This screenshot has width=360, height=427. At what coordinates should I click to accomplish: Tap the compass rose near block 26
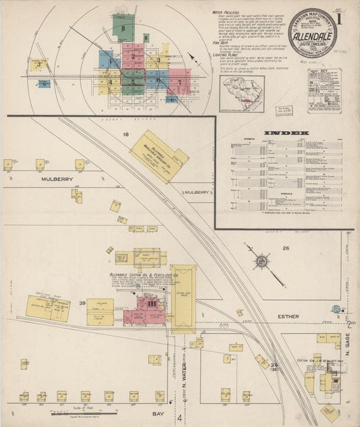pos(261,261)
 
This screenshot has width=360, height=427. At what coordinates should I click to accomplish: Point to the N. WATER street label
pos(184,379)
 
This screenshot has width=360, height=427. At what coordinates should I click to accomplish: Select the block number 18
pos(125,135)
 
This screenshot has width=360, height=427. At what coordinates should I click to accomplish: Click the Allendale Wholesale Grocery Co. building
pos(159,156)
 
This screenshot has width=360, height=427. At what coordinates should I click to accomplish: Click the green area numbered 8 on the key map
pos(124,26)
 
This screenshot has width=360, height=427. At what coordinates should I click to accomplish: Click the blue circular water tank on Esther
pos(336,309)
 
